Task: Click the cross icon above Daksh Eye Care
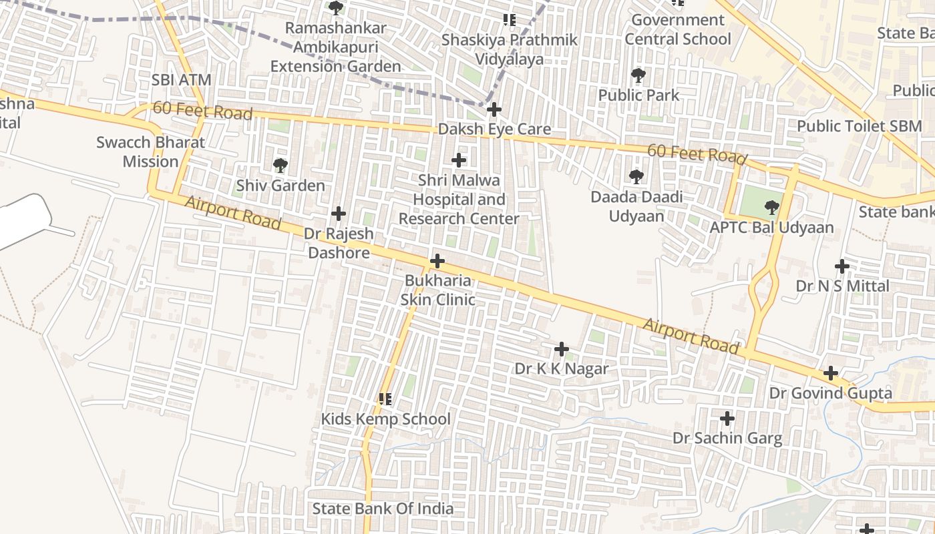pyautogui.click(x=494, y=109)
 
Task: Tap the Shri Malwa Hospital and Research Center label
pyautogui.click(x=459, y=199)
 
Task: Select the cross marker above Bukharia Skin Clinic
pyautogui.click(x=437, y=260)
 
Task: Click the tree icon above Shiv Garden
pyautogui.click(x=280, y=165)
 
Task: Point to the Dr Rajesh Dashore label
pyautogui.click(x=339, y=244)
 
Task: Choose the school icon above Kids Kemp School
pyautogui.click(x=385, y=399)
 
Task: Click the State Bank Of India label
pyautogui.click(x=383, y=509)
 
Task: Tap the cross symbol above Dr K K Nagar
pyautogui.click(x=562, y=348)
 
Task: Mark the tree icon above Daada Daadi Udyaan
pyautogui.click(x=636, y=177)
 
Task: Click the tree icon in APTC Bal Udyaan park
pyautogui.click(x=772, y=207)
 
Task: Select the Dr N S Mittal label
pyautogui.click(x=842, y=286)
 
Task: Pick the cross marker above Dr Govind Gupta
pyautogui.click(x=830, y=372)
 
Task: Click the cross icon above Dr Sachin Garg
pyautogui.click(x=727, y=419)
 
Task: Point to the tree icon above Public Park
pyautogui.click(x=638, y=75)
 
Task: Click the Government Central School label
pyautogui.click(x=678, y=29)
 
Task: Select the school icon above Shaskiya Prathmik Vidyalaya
pyautogui.click(x=510, y=20)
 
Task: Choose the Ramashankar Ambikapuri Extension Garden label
pyautogui.click(x=336, y=47)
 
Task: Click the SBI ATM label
pyautogui.click(x=181, y=80)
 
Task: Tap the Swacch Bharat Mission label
pyautogui.click(x=151, y=152)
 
